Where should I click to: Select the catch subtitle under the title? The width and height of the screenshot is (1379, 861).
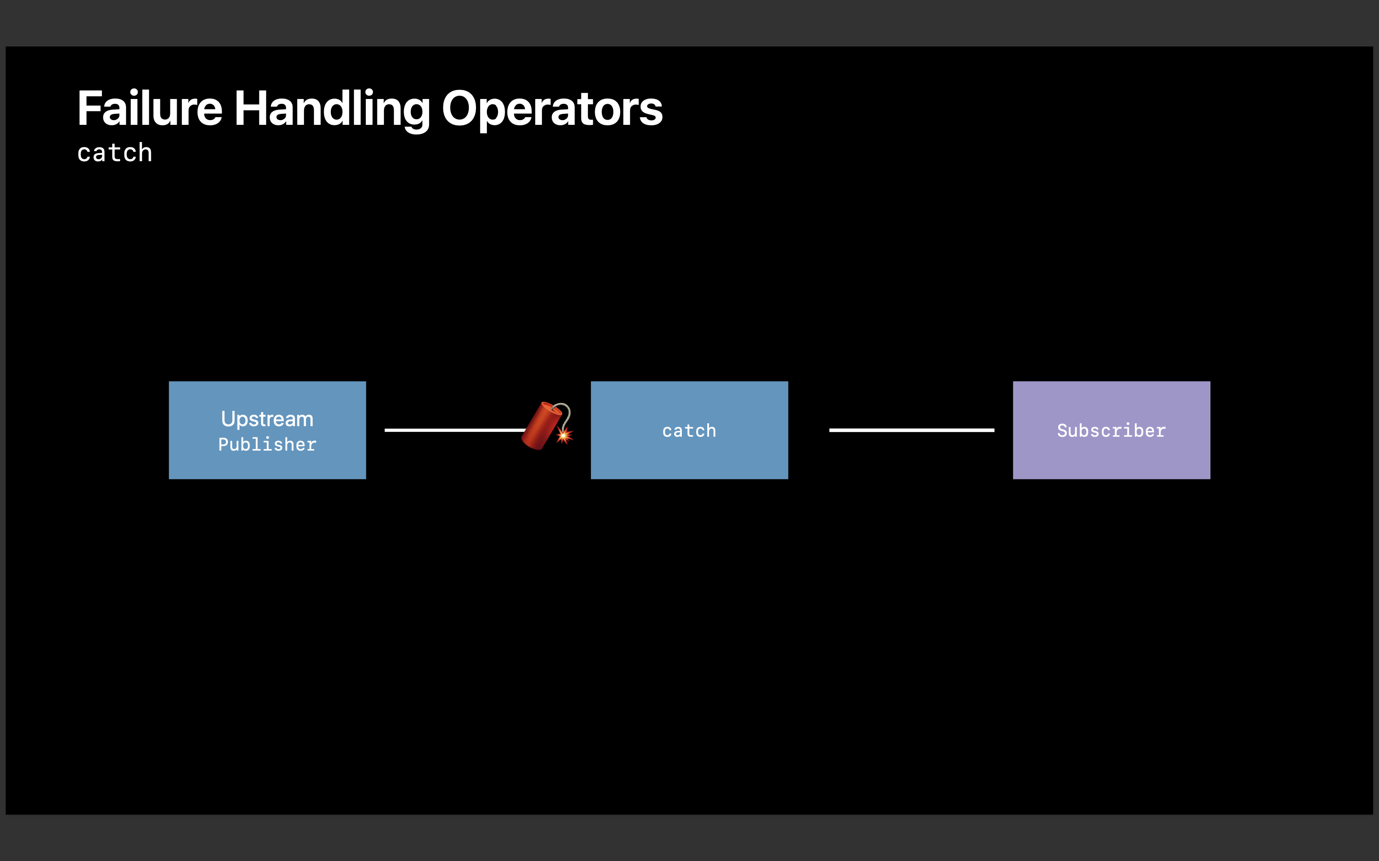tap(114, 153)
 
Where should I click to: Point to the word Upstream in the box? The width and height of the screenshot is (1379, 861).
tap(267, 419)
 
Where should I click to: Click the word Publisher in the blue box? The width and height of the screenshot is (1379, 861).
tap(267, 444)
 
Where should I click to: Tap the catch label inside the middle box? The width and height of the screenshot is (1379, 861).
tap(689, 430)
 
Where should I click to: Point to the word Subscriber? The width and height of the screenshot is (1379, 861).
tap(1111, 430)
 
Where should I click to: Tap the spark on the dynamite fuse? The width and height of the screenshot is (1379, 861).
tap(564, 436)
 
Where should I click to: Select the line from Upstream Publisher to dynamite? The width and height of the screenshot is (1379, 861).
tap(453, 430)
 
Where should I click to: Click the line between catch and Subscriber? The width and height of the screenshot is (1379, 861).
tap(911, 430)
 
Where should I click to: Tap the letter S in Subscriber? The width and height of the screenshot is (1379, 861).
tap(1062, 430)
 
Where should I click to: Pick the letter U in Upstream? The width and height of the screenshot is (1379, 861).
tap(228, 419)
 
